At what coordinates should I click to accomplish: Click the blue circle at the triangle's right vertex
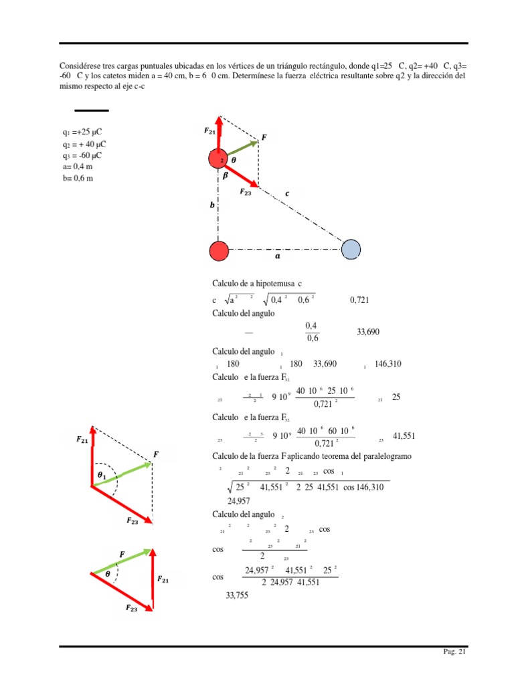tap(351, 250)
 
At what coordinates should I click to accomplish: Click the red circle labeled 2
tap(218, 161)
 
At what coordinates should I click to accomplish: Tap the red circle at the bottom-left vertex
tap(219, 250)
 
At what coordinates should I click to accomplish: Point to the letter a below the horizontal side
tap(278, 255)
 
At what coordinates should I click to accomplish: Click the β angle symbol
tap(226, 175)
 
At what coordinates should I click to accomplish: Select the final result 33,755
tap(237, 595)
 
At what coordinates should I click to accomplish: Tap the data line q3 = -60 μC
tap(83, 155)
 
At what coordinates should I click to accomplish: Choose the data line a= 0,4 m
tap(77, 167)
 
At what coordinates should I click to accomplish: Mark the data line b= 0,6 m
tap(77, 179)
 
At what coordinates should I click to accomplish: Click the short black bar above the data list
tap(92, 110)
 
